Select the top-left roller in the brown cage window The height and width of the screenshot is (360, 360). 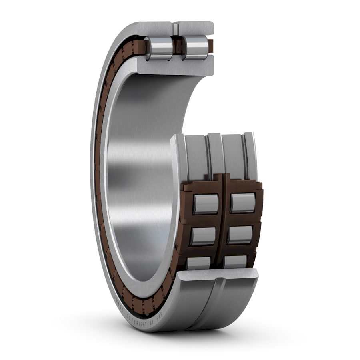[x=206, y=204]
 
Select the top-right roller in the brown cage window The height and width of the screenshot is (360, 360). [x=242, y=203]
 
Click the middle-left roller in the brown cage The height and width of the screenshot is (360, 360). [x=203, y=236]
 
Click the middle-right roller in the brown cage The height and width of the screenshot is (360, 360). [x=239, y=235]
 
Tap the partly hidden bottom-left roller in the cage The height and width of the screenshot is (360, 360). [x=198, y=263]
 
